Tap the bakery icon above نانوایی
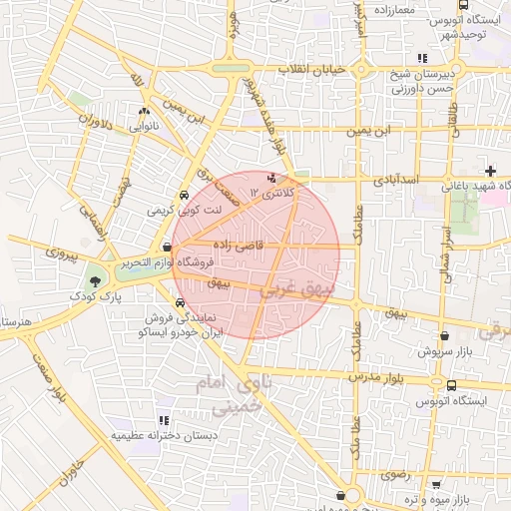pyautogui.click(x=145, y=112)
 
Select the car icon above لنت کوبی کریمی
pyautogui.click(x=183, y=196)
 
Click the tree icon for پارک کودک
pyautogui.click(x=96, y=281)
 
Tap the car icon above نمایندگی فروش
pyautogui.click(x=179, y=301)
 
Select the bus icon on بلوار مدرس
pyautogui.click(x=452, y=385)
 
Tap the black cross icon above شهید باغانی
pyautogui.click(x=489, y=171)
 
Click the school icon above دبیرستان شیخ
pyautogui.click(x=423, y=58)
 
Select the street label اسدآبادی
pyautogui.click(x=400, y=181)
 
